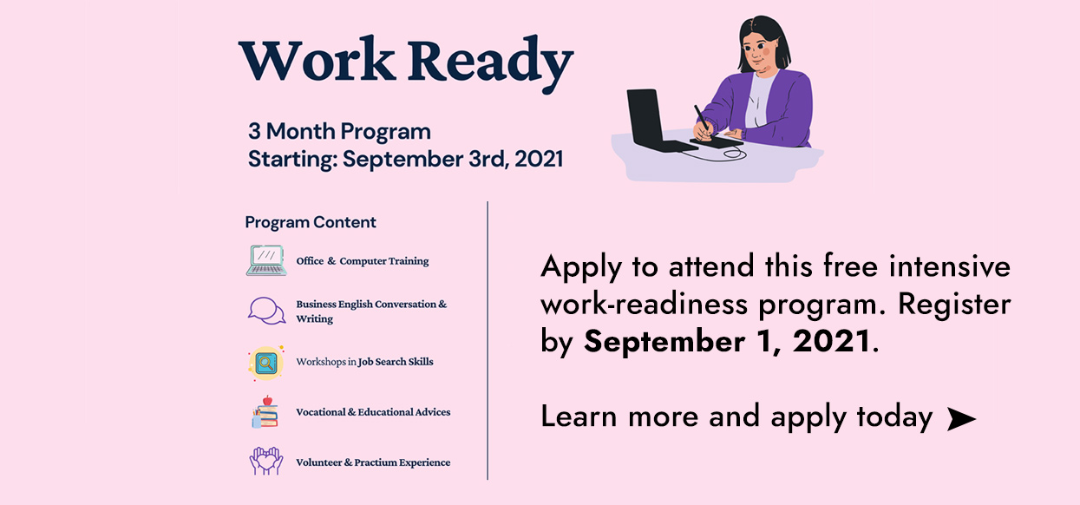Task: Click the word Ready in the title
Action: point(491,62)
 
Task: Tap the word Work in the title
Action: point(317,59)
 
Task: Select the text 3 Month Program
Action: point(339,132)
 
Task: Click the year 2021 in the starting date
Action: point(539,159)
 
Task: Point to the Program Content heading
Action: point(311,222)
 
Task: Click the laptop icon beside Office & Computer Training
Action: point(266,260)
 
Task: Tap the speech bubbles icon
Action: point(266,311)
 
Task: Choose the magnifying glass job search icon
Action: point(265,364)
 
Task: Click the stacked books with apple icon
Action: point(265,412)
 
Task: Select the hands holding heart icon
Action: point(266,461)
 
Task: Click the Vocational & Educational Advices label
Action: point(373,412)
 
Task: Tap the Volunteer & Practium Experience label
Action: point(373,462)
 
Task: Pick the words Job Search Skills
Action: point(396,362)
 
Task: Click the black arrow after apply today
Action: point(961,418)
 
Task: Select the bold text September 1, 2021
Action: point(727,342)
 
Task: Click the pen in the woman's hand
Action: point(702,117)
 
